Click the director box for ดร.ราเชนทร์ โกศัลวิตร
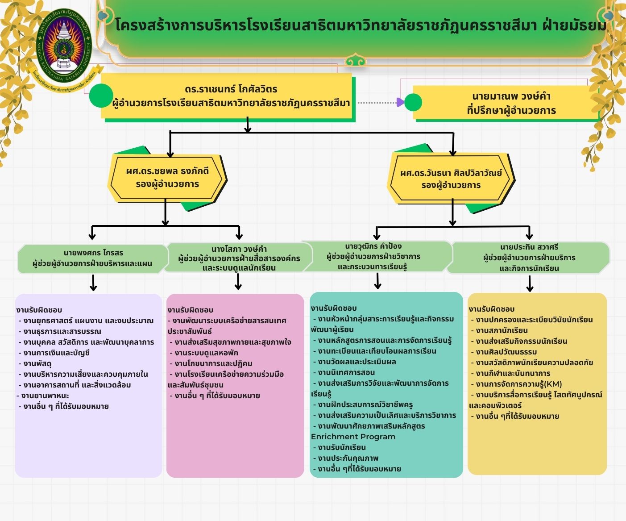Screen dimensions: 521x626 228,96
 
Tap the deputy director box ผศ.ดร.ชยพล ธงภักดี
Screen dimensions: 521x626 167,178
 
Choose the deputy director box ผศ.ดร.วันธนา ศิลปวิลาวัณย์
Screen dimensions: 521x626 451,179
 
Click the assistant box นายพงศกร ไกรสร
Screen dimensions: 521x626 92,258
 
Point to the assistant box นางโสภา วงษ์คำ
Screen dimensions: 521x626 239,258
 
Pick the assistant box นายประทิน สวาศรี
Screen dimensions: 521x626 529,258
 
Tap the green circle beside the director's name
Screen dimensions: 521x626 101,96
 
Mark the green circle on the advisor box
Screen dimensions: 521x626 413,103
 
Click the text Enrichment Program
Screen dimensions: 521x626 353,437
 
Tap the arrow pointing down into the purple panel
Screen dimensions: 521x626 93,283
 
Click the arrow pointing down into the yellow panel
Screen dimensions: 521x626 530,283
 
